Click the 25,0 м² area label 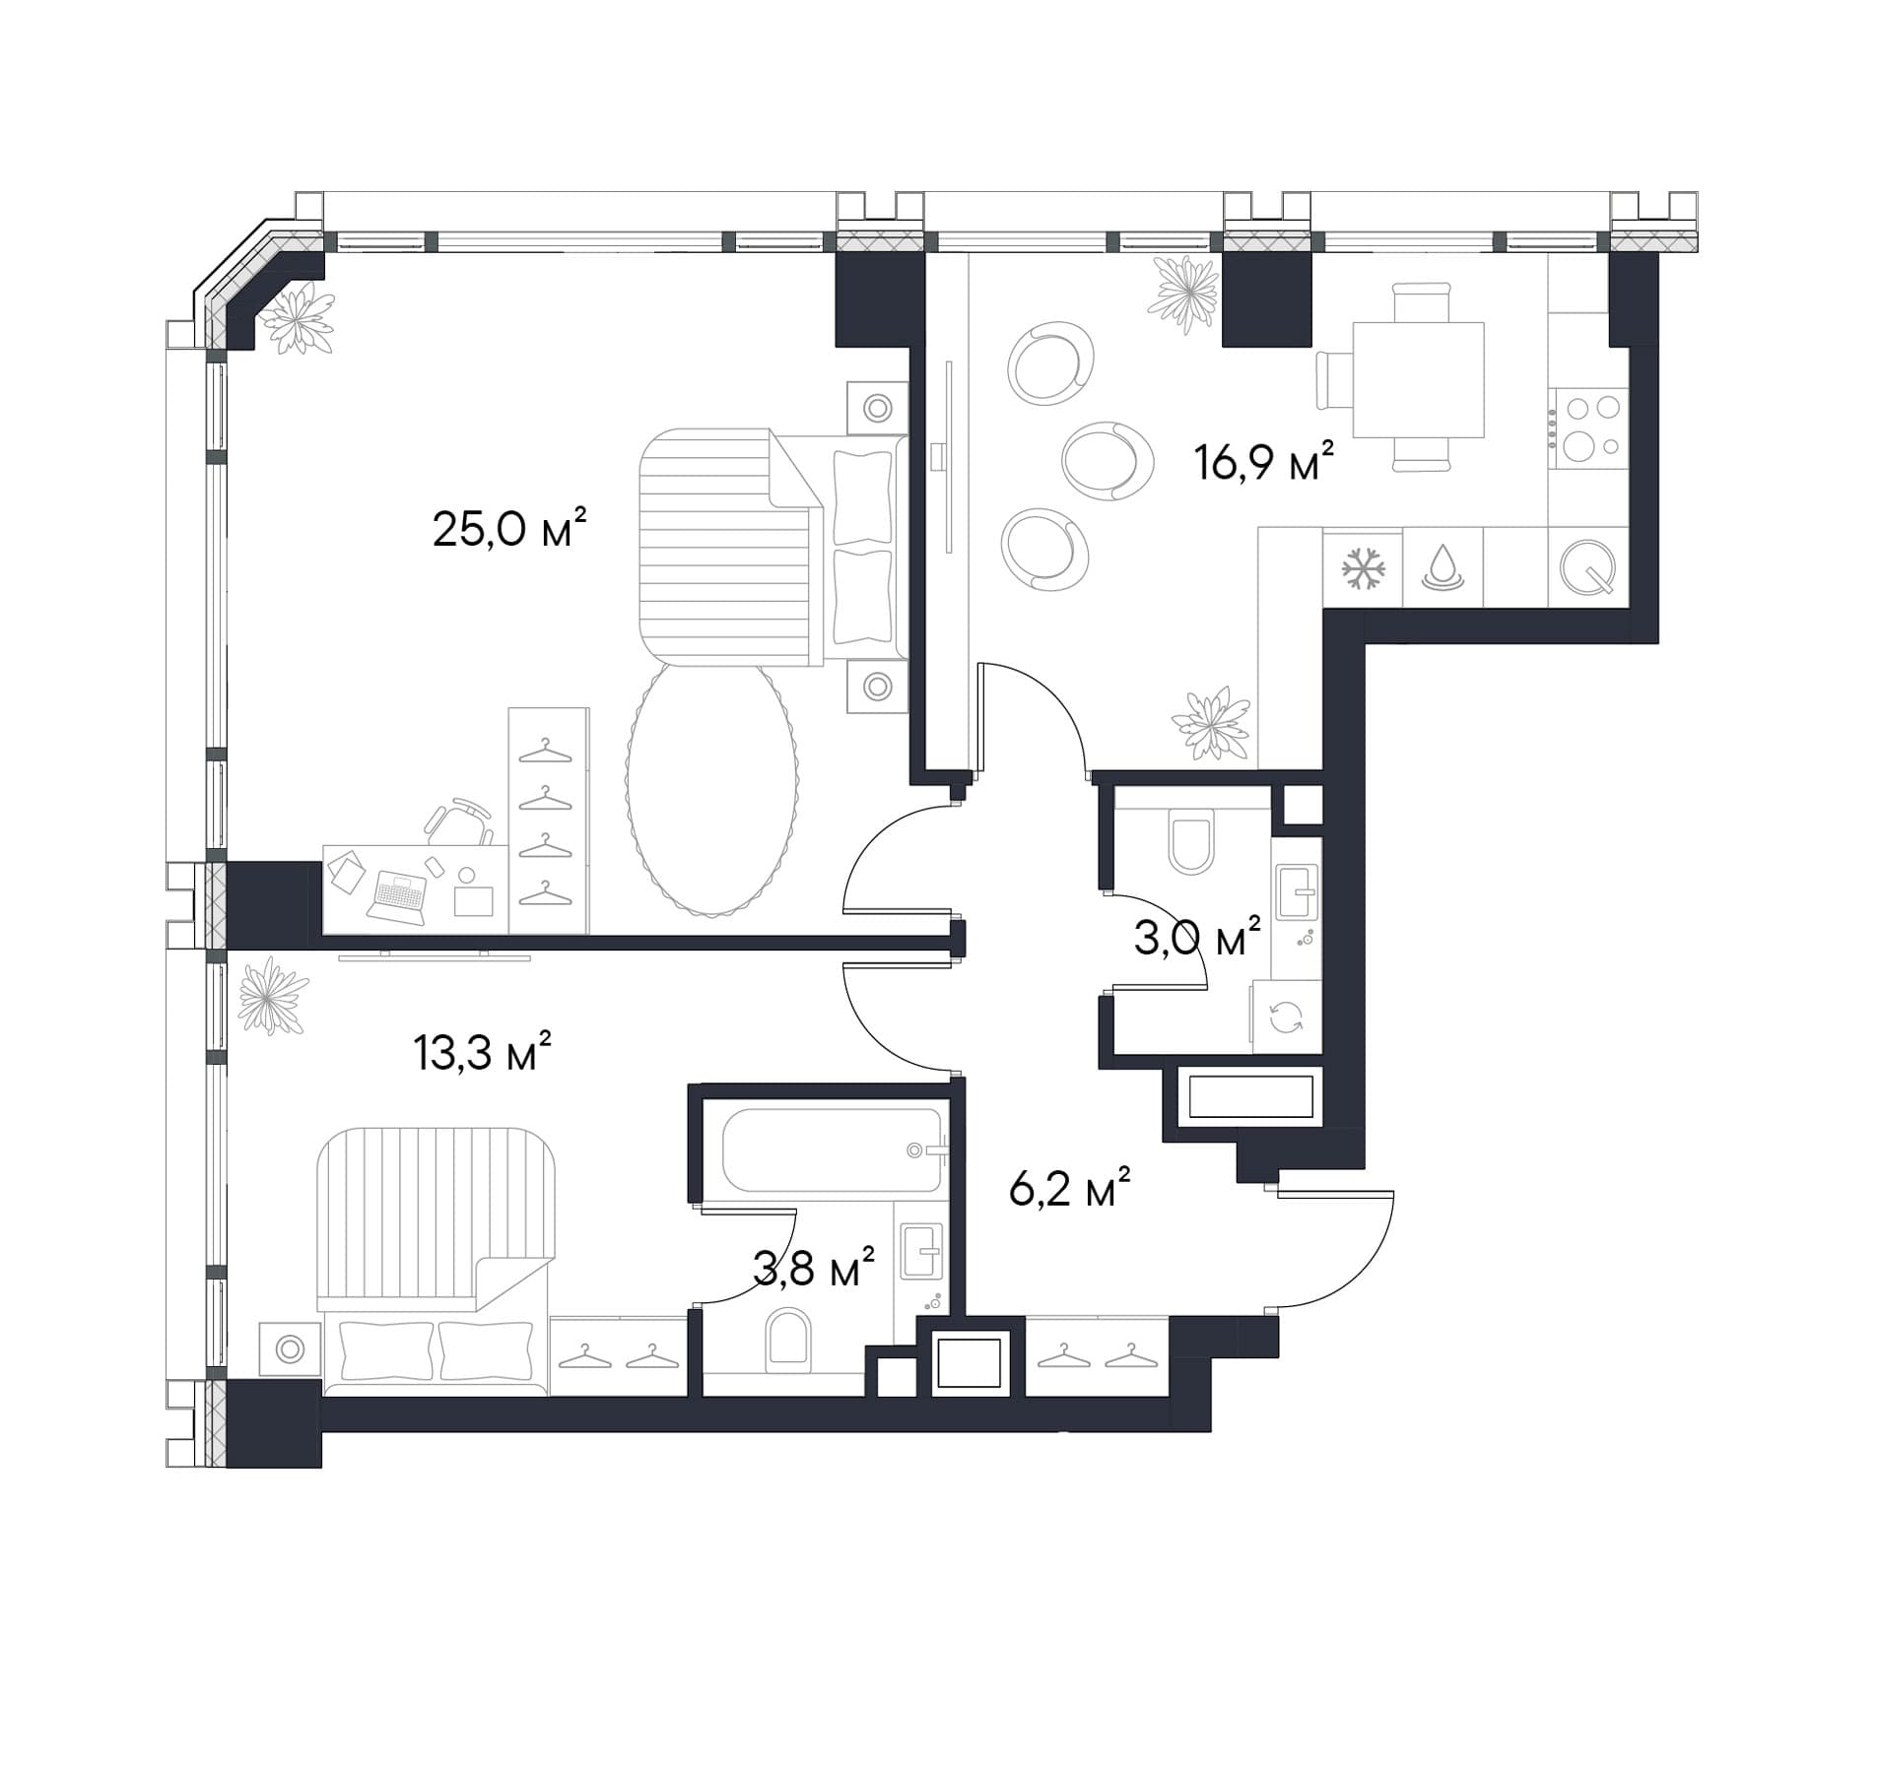click(509, 529)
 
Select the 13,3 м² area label click(482, 1052)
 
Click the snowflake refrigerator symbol click(1364, 568)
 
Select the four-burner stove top click(1587, 427)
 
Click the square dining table click(1418, 379)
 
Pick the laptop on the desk click(399, 895)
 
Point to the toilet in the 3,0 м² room click(1189, 840)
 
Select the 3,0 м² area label click(1197, 937)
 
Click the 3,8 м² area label click(813, 1267)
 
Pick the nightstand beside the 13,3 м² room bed click(290, 1348)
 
